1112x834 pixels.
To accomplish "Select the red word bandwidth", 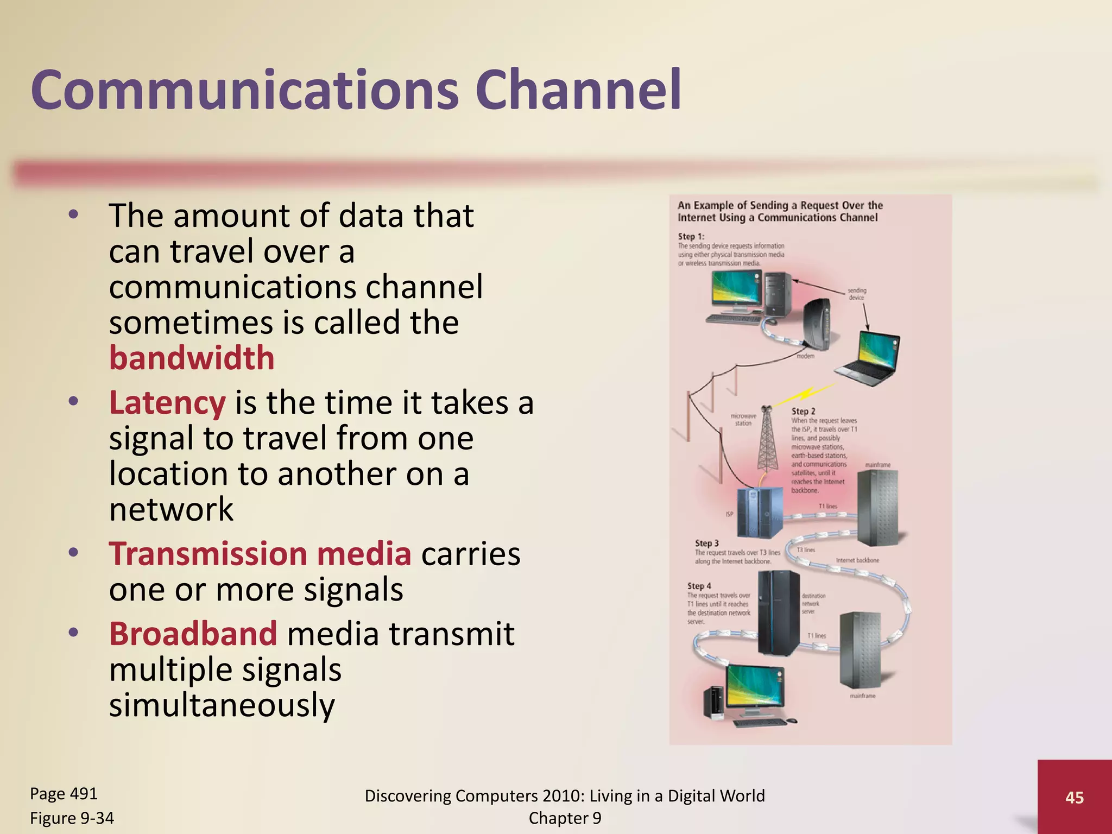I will click(192, 358).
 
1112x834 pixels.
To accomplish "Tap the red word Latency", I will click(167, 403).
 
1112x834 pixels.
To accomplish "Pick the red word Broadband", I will click(193, 634).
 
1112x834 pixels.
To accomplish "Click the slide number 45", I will click(1074, 797).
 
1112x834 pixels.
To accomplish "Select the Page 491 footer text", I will click(64, 794).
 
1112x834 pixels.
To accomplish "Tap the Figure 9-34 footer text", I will click(72, 818).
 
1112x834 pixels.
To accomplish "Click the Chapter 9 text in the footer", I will click(565, 818).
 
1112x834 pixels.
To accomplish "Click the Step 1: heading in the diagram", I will click(691, 236).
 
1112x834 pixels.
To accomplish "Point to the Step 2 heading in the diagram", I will click(803, 412).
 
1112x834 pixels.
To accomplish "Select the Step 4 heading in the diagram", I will click(699, 586).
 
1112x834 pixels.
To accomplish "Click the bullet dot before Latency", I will click(74, 402).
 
